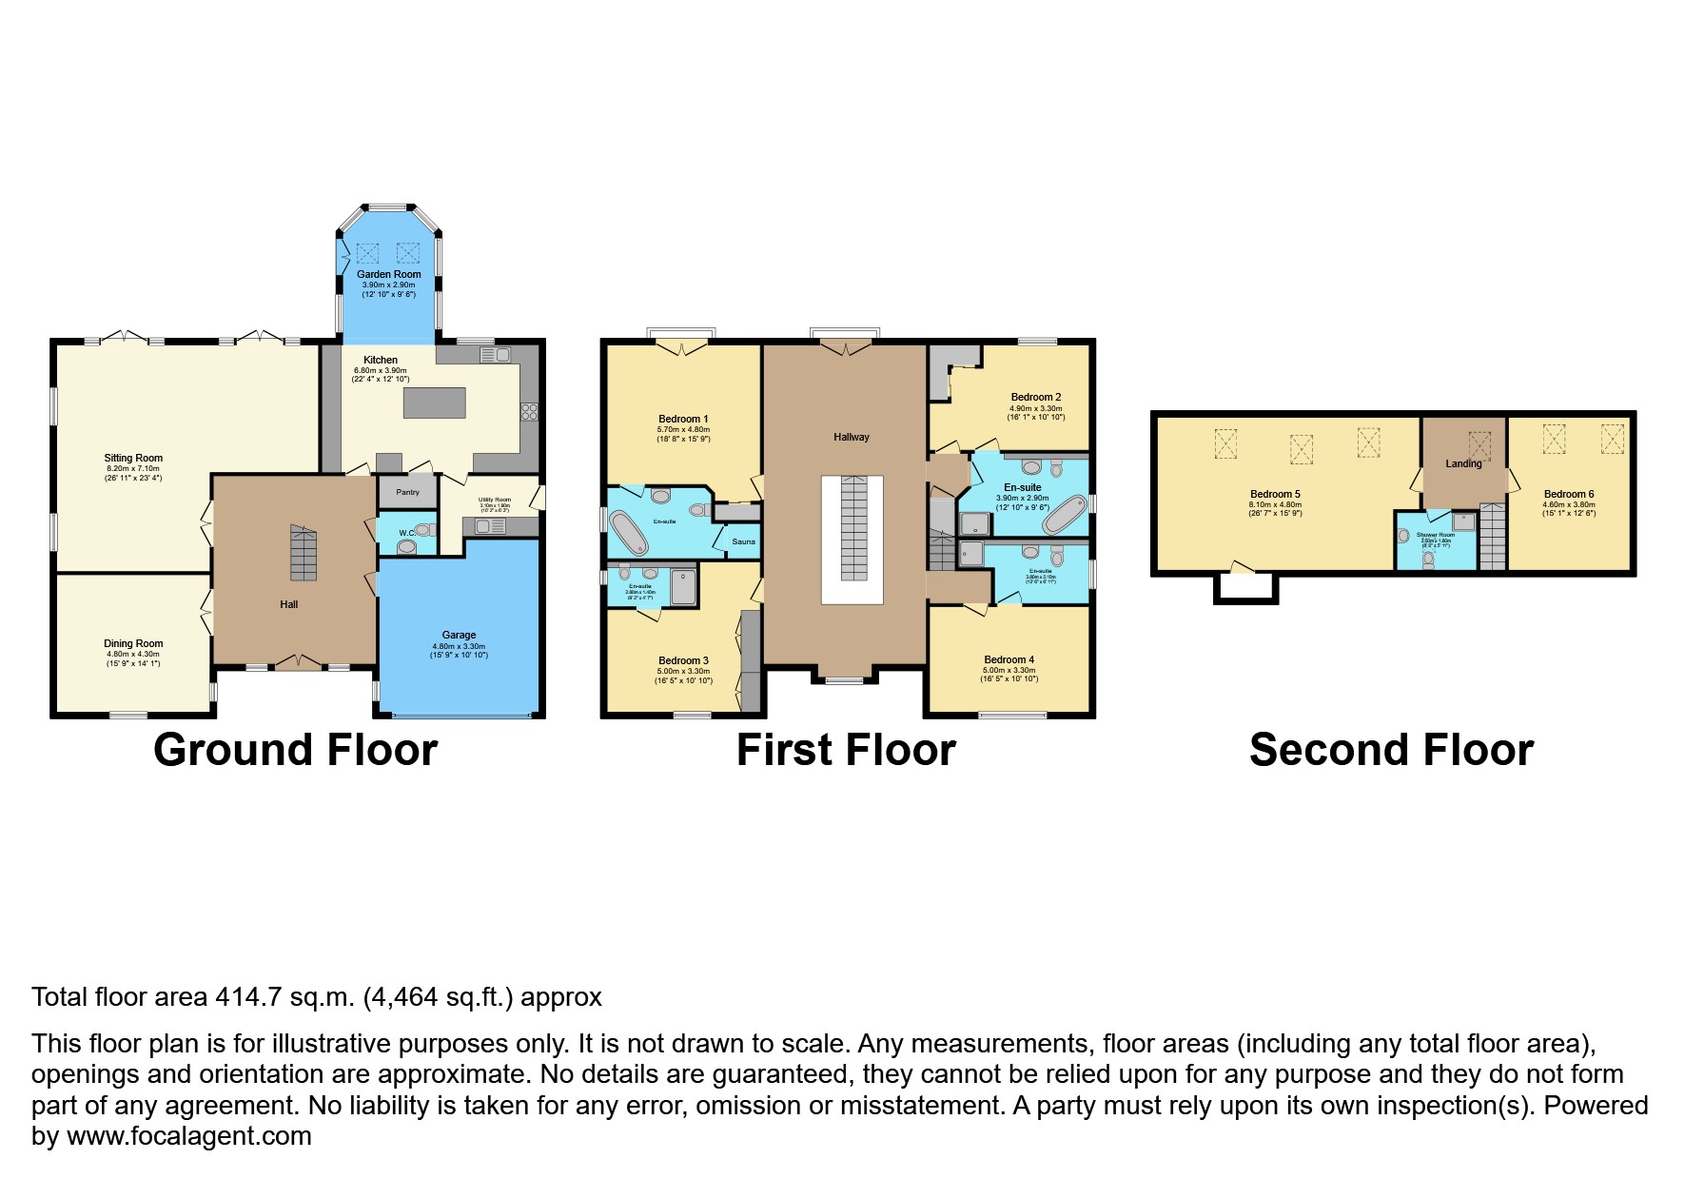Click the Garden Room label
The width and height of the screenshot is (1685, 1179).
click(388, 274)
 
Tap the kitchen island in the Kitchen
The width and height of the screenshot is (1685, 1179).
click(434, 403)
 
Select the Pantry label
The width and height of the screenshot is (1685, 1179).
click(407, 492)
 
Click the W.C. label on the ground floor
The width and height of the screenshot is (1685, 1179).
click(406, 533)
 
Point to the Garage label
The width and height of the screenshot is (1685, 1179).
click(459, 635)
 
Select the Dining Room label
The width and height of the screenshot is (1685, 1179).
click(133, 643)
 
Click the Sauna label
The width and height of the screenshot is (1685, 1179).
click(743, 541)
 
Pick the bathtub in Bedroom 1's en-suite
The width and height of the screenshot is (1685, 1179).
click(629, 534)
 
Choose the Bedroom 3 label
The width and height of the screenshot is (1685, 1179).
click(683, 660)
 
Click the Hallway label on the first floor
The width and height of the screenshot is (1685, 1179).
click(851, 437)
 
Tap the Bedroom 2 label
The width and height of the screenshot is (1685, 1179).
click(1035, 397)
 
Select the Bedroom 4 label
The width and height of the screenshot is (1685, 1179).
click(1009, 659)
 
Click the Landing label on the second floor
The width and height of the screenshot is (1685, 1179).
click(1463, 464)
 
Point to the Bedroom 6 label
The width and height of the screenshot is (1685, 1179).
click(1568, 494)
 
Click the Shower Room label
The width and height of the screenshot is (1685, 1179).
click(1435, 536)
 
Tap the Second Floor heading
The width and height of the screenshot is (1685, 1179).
click(1390, 750)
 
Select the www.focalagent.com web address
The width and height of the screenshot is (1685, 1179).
click(189, 1136)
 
